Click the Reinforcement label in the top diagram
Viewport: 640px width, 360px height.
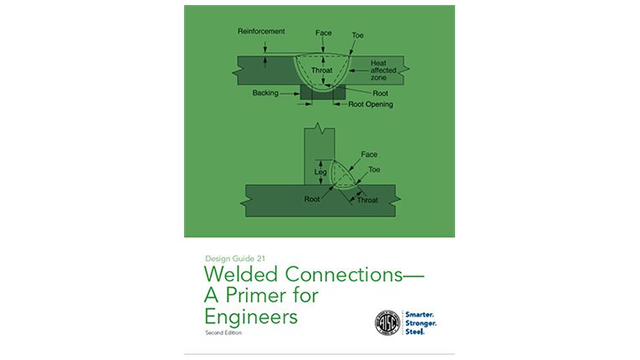click(261, 32)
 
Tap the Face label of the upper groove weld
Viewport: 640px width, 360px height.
click(323, 33)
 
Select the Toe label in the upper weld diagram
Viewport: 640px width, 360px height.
click(358, 37)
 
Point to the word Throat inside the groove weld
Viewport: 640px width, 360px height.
click(322, 71)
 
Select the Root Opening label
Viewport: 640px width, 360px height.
click(370, 105)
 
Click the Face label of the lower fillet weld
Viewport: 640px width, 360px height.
click(368, 155)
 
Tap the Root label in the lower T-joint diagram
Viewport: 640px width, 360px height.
click(311, 200)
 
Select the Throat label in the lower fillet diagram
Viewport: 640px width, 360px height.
click(367, 201)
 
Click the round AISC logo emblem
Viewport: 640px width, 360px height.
click(390, 322)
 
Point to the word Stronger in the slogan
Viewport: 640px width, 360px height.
click(433, 322)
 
